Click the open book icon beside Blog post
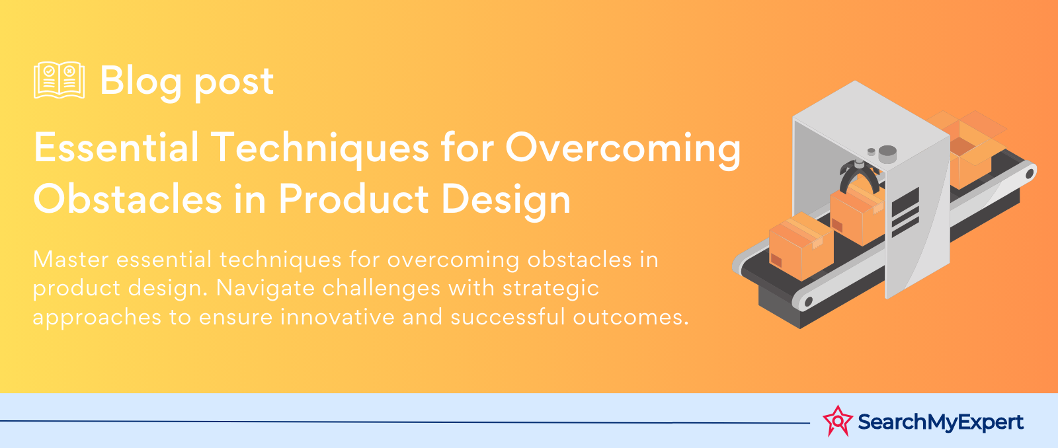point(60,80)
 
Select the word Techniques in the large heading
point(320,147)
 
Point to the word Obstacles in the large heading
point(128,199)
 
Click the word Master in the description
point(71,259)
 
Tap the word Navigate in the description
point(265,289)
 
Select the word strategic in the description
point(551,289)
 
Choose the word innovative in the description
point(337,317)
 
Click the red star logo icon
point(837,421)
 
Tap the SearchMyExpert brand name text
point(940,422)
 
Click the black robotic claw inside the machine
point(859,176)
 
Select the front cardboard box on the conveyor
point(801,246)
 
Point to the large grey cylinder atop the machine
point(887,155)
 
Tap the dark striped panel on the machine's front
point(905,213)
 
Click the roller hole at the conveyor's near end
point(808,301)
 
